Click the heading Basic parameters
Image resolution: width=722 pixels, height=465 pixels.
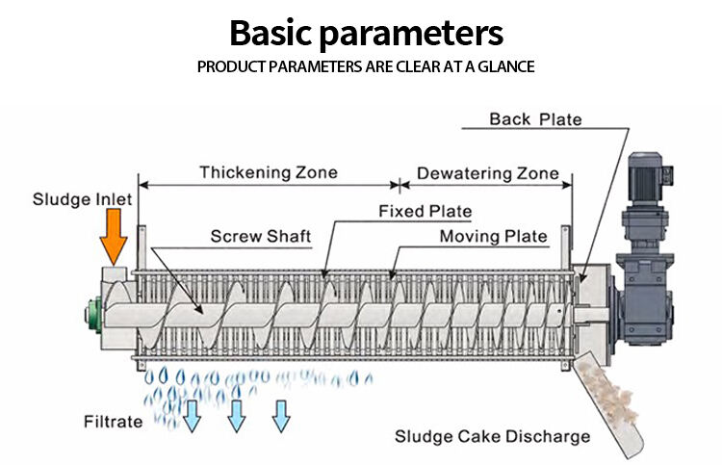(x=366, y=34)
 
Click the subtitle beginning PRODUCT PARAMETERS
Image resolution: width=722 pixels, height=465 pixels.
(x=366, y=67)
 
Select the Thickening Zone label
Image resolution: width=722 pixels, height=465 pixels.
(x=269, y=172)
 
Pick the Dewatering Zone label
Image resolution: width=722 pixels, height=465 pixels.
(x=487, y=173)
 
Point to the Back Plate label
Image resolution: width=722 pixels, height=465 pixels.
(x=535, y=119)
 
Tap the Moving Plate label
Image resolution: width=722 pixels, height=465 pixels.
(x=493, y=236)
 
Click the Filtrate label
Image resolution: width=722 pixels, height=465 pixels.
(x=113, y=422)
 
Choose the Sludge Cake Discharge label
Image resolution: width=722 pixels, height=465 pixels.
(x=492, y=436)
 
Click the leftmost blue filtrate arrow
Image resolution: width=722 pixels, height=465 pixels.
(x=192, y=415)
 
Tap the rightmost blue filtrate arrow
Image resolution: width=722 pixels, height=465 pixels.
(x=281, y=415)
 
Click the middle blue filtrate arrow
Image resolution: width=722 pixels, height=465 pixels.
(x=236, y=415)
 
